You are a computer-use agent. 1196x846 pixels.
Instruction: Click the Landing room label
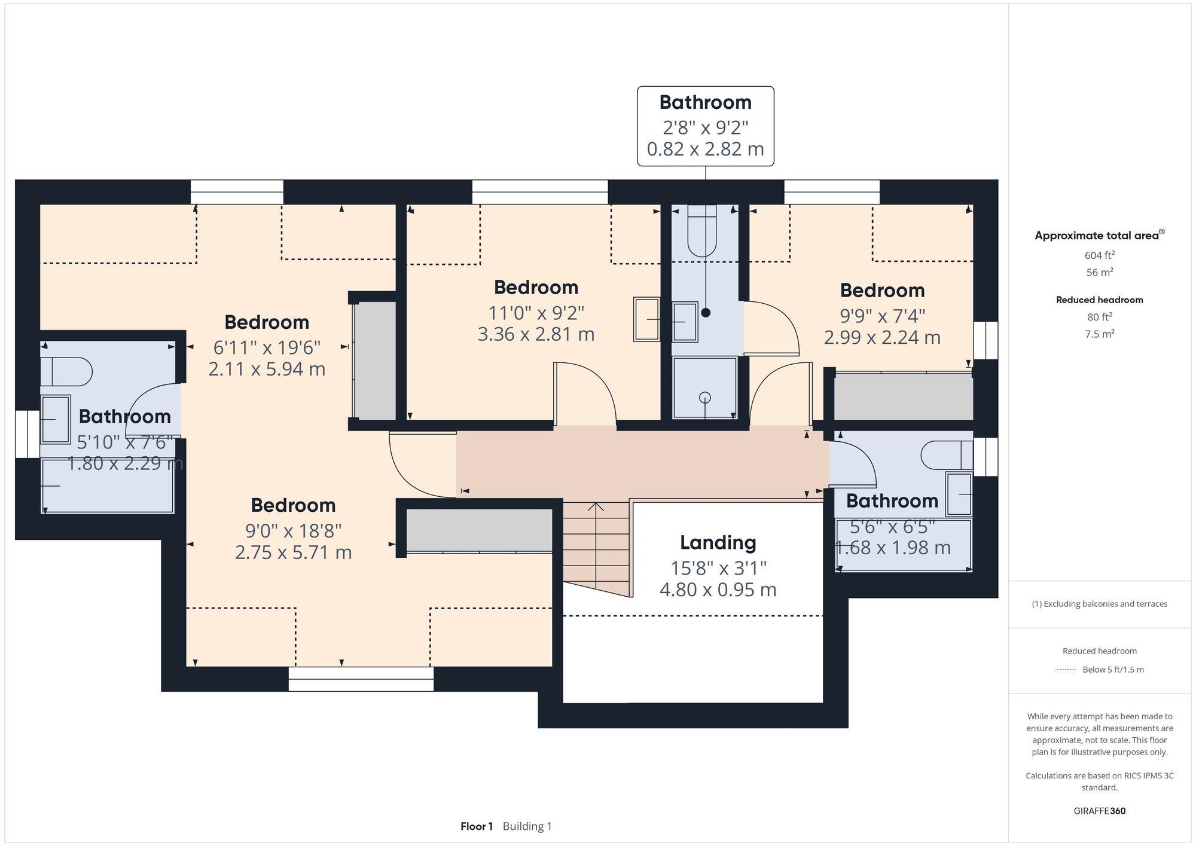[x=718, y=543]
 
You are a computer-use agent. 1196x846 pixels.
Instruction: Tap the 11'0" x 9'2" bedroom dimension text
[x=536, y=313]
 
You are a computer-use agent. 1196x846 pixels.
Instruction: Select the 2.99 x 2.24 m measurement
[x=882, y=338]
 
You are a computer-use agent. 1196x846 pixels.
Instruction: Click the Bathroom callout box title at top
[x=705, y=102]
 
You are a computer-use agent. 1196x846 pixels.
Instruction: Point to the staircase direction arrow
[x=596, y=508]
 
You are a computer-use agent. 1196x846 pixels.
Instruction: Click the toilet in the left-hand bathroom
[x=66, y=372]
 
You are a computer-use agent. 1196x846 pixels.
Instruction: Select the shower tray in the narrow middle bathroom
[x=704, y=387]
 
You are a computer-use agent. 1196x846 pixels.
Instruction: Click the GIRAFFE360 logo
[x=1099, y=811]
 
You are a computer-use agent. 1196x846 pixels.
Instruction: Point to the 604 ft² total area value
[x=1099, y=255]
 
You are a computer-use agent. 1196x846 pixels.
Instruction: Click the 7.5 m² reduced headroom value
[x=1099, y=334]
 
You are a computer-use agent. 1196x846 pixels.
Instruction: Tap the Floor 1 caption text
[x=476, y=826]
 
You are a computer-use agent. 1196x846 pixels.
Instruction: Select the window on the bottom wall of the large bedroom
[x=361, y=679]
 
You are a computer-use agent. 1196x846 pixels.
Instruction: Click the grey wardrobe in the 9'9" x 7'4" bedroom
[x=903, y=396]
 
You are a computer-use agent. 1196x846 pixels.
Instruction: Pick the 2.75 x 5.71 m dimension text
[x=293, y=552]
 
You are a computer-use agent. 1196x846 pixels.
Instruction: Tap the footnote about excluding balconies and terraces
[x=1099, y=604]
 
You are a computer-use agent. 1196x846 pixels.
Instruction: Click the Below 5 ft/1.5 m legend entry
[x=1112, y=670]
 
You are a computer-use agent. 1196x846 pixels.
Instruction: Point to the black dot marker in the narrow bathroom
[x=706, y=313]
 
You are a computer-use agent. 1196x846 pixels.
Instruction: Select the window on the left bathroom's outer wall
[x=27, y=433]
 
